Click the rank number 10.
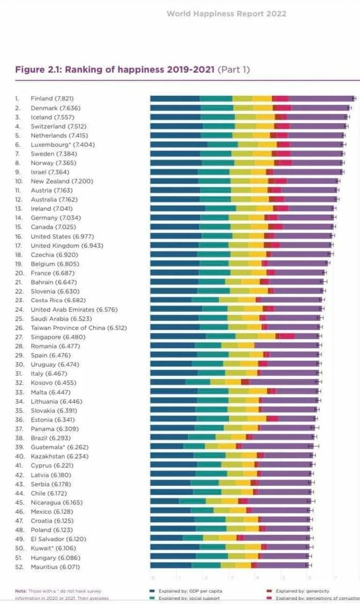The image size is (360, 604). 19,181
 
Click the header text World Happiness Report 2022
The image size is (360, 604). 226,14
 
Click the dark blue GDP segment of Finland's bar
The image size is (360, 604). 174,98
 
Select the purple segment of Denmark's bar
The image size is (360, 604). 320,108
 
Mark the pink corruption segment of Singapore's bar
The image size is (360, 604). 287,337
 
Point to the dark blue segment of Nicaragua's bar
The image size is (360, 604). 164,502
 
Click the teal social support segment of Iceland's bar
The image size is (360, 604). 218,117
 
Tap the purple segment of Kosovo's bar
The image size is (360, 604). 284,382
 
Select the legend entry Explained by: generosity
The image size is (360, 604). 302,591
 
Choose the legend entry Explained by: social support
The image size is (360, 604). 189,598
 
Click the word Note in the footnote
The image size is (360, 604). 21,591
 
